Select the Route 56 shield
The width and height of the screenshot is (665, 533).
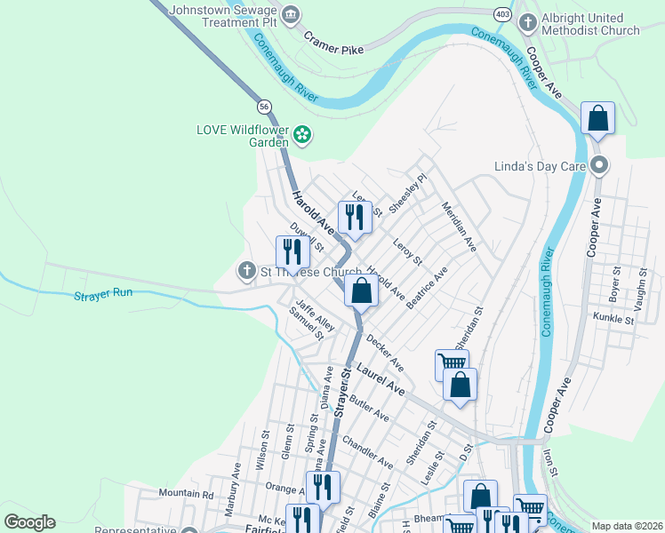[x=264, y=107]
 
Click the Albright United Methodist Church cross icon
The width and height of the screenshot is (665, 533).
[x=526, y=21]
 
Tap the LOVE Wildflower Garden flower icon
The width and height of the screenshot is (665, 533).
[x=302, y=135]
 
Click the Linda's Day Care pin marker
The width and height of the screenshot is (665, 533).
[x=599, y=166]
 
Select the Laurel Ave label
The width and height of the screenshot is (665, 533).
[x=381, y=379]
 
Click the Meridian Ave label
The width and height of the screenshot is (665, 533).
[x=459, y=227]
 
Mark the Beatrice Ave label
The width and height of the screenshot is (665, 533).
[x=427, y=286]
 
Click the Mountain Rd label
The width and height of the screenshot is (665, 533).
[x=186, y=493]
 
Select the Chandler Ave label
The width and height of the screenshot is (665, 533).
[x=367, y=451]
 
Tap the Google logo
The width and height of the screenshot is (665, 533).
[x=29, y=522]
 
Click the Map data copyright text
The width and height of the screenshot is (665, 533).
[x=626, y=526]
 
